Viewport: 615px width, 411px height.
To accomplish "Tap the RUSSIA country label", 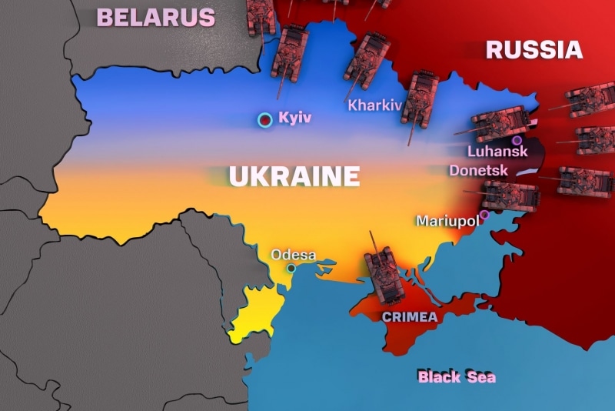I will (x=534, y=51).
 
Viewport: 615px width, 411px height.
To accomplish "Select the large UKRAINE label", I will (x=294, y=176).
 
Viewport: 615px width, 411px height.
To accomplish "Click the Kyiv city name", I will (x=296, y=119).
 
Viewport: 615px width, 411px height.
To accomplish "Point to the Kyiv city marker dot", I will (x=265, y=119).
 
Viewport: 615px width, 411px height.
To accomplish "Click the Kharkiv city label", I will (x=374, y=105).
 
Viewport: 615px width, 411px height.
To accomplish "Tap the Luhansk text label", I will (x=497, y=152).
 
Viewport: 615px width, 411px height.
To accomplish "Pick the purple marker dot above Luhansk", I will (x=517, y=140).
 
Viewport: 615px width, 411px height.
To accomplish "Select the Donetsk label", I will (x=478, y=169).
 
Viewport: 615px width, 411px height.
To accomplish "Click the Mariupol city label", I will (x=447, y=221).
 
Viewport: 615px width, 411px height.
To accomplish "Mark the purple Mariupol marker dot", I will (x=484, y=215).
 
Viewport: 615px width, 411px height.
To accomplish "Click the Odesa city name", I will (x=293, y=255).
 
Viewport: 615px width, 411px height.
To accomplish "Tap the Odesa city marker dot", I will (x=291, y=268).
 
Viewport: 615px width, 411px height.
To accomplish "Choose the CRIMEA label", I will (x=410, y=317).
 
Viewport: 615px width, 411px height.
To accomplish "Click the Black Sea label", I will (x=457, y=376).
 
